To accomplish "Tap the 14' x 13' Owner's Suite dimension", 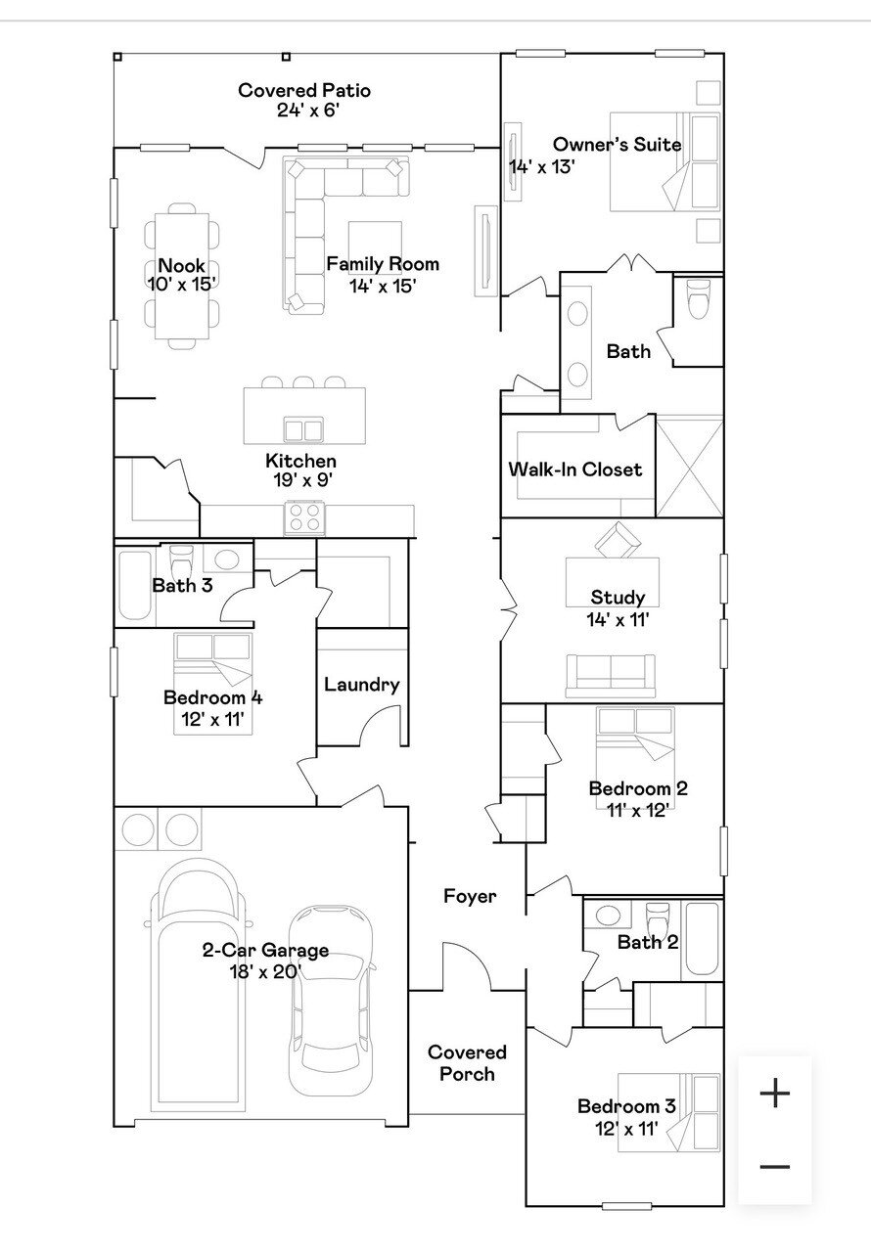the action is pyautogui.click(x=542, y=166).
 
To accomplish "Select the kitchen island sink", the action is pyautogui.click(x=303, y=430).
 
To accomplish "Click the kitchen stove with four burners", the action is pyautogui.click(x=304, y=517).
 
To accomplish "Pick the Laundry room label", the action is pyautogui.click(x=362, y=685).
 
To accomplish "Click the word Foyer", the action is pyautogui.click(x=470, y=897).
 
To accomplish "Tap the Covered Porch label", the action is pyautogui.click(x=467, y=1063).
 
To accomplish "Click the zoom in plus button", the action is pyautogui.click(x=775, y=1093).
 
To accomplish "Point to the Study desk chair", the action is pyautogui.click(x=618, y=540).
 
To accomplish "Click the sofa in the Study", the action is pyautogui.click(x=611, y=676).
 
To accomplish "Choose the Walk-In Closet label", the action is pyautogui.click(x=574, y=469).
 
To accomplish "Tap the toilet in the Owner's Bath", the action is pyautogui.click(x=698, y=299).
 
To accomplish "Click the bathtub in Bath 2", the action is pyautogui.click(x=702, y=939).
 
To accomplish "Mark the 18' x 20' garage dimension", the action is pyautogui.click(x=265, y=972).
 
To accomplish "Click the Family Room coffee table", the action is pyautogui.click(x=375, y=247).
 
